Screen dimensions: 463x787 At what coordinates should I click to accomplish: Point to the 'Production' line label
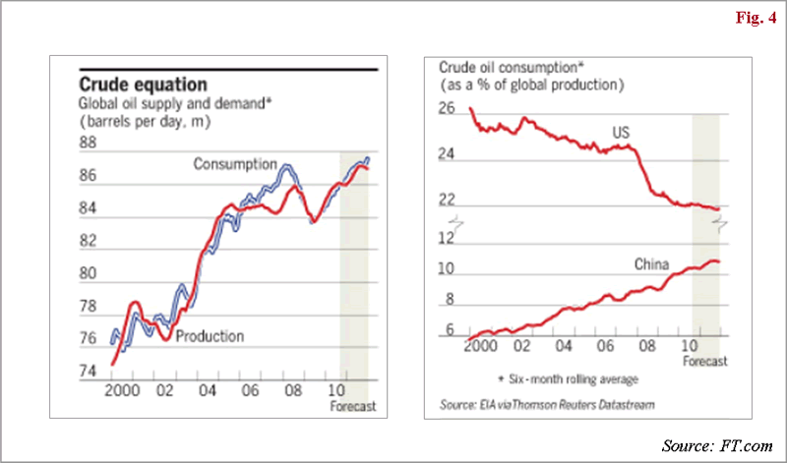[x=210, y=336]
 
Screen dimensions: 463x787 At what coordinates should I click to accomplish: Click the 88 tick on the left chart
[x=88, y=144]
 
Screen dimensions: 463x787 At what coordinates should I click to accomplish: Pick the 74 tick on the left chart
[x=88, y=371]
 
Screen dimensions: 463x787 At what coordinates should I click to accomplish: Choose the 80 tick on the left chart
[x=88, y=273]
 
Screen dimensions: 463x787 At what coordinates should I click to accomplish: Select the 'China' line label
[x=650, y=264]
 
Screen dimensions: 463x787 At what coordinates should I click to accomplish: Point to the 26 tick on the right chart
[x=448, y=109]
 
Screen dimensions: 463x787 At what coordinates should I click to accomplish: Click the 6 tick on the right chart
[x=448, y=331]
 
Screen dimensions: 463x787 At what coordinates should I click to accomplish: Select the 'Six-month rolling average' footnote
[x=569, y=378]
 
